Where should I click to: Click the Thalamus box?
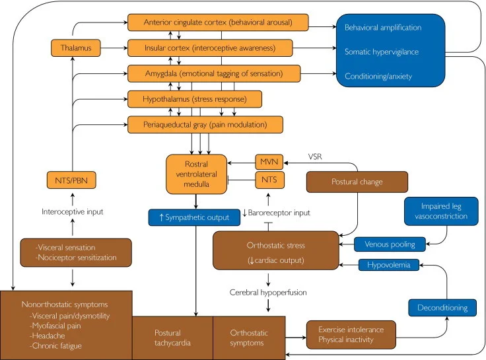click(71, 48)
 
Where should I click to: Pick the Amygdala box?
click(214, 73)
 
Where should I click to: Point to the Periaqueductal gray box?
click(205, 124)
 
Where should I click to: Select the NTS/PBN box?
click(71, 178)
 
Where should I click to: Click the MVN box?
click(269, 161)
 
